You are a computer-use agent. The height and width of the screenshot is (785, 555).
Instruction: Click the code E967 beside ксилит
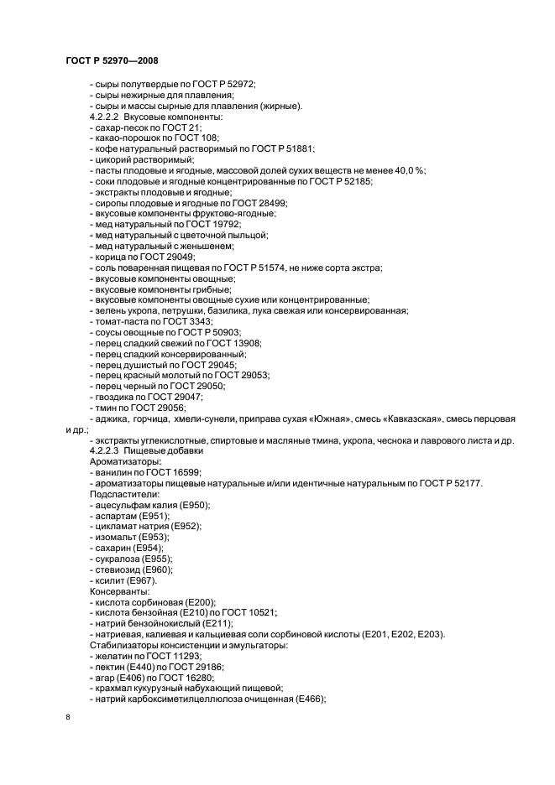click(139, 580)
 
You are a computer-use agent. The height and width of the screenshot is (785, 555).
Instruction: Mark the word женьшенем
click(205, 246)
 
